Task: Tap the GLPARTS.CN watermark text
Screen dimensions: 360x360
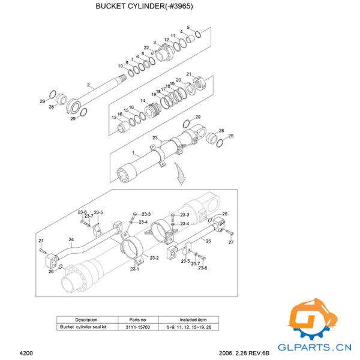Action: tap(313, 346)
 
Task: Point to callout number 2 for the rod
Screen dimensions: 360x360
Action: tap(88, 85)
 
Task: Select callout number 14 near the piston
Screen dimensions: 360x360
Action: tap(143, 101)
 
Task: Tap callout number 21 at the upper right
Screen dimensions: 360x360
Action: tap(189, 74)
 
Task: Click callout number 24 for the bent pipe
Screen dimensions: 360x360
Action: tap(71, 240)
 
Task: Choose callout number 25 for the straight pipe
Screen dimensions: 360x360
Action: tap(208, 241)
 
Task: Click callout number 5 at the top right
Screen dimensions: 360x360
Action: tap(188, 28)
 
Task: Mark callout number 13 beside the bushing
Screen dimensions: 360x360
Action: tap(113, 118)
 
